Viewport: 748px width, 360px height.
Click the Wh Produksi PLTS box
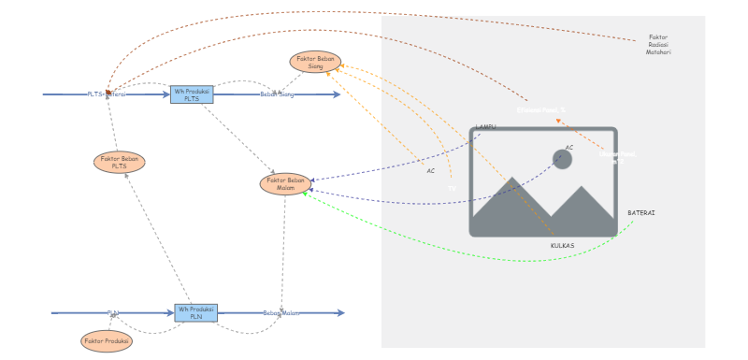coord(192,94)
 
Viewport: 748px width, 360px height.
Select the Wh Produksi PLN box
coord(195,312)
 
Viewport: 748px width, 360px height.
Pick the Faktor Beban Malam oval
coord(285,183)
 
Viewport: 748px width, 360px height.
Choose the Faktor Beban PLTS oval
coord(120,163)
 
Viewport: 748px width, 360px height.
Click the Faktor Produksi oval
coord(107,341)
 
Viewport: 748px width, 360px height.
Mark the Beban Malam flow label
coord(281,313)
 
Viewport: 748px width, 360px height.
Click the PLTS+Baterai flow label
coord(107,94)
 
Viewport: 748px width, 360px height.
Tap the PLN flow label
coord(113,313)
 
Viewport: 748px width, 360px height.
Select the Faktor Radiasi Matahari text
coord(658,45)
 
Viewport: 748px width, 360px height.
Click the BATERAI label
coord(640,213)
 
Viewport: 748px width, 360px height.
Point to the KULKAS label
coord(562,246)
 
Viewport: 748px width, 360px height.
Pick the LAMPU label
coord(485,127)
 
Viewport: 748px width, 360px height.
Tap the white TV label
coord(452,189)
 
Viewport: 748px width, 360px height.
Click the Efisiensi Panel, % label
coord(541,110)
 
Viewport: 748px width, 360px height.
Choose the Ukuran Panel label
coord(617,156)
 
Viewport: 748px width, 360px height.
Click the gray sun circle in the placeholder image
coord(562,160)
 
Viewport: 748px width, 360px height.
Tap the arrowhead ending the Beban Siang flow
coord(337,94)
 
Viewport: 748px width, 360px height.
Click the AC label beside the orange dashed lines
coord(431,171)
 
